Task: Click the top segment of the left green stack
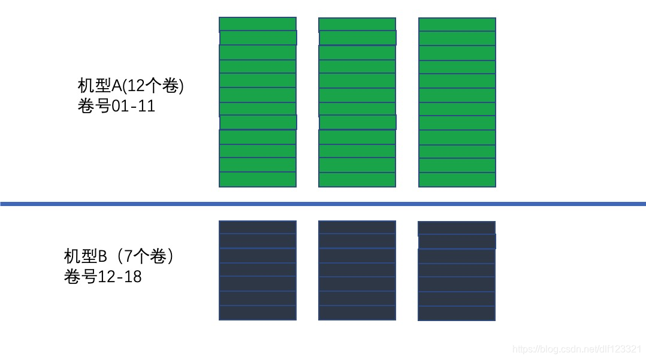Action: pyautogui.click(x=258, y=24)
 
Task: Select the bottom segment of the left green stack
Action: pyautogui.click(x=258, y=180)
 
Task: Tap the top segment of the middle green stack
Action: pyautogui.click(x=357, y=24)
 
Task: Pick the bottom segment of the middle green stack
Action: pyautogui.click(x=357, y=180)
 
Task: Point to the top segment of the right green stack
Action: pyautogui.click(x=457, y=24)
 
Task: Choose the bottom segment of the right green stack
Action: pyautogui.click(x=457, y=180)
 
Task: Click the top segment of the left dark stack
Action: pyautogui.click(x=258, y=227)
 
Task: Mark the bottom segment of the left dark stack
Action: pyautogui.click(x=258, y=313)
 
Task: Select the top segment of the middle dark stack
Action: pyautogui.click(x=357, y=227)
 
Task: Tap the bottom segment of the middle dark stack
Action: pyautogui.click(x=357, y=313)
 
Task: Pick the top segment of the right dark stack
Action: pyautogui.click(x=457, y=228)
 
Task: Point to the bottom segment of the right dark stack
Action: pyautogui.click(x=457, y=313)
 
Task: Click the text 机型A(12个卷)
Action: pyautogui.click(x=131, y=86)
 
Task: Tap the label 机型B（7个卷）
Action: pyautogui.click(x=120, y=256)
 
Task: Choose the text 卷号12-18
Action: pyautogui.click(x=103, y=277)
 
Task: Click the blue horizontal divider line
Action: pyautogui.click(x=323, y=204)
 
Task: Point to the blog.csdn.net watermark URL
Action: pyautogui.click(x=578, y=349)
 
